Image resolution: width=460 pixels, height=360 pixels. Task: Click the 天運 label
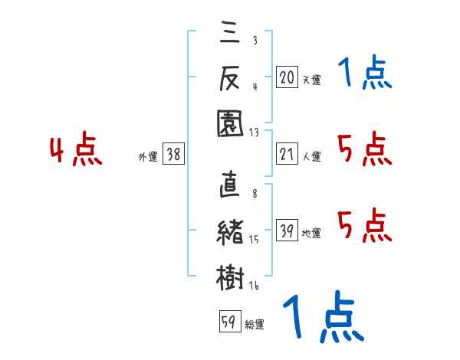312,80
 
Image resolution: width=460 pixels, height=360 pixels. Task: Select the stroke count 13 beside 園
254,133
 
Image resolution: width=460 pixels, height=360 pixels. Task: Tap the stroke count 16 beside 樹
254,286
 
